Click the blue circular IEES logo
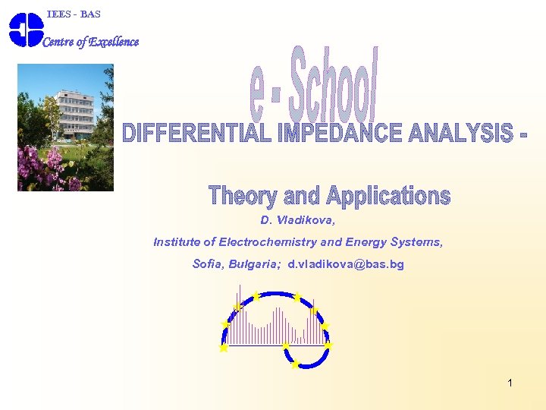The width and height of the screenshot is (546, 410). pos(26,30)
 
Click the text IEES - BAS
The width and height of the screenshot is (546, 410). pos(74,14)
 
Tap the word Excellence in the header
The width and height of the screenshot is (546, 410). pos(114,42)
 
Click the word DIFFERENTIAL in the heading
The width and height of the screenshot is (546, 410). pos(198,134)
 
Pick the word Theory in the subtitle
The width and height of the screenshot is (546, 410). pos(243,196)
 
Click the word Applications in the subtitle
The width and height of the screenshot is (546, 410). pos(388,196)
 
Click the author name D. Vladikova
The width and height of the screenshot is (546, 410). pos(297,220)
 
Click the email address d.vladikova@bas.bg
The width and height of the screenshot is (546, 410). pos(346,264)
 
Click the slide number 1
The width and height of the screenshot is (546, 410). pos(510,383)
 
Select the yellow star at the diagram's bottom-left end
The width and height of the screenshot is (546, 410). pos(224,348)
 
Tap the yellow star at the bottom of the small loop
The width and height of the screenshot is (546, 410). pos(295,364)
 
